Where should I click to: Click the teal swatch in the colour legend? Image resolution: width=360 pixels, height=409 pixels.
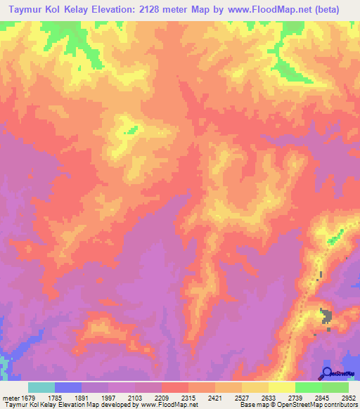41,387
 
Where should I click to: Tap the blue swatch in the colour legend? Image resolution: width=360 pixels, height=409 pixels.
68,387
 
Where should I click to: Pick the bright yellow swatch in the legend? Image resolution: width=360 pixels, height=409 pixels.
282,387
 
